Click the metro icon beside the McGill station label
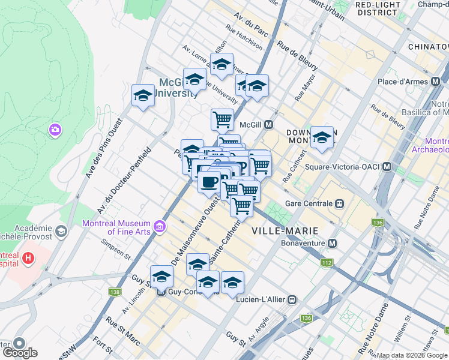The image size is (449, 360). point(270,125)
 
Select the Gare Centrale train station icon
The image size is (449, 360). point(340,203)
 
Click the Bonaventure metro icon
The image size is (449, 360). point(331,244)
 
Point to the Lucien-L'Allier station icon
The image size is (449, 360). point(292,299)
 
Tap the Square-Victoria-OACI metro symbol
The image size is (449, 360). point(388,166)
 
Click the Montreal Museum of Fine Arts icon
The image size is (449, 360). point(160,226)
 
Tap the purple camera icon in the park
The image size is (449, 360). point(55,130)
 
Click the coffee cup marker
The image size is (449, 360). point(209,182)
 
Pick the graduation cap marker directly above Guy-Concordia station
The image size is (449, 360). point(161,277)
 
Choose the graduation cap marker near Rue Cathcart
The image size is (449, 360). point(322,137)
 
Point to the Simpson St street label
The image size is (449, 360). point(116,250)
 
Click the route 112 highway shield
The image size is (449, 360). point(327,262)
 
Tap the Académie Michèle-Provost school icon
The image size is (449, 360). point(61,231)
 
